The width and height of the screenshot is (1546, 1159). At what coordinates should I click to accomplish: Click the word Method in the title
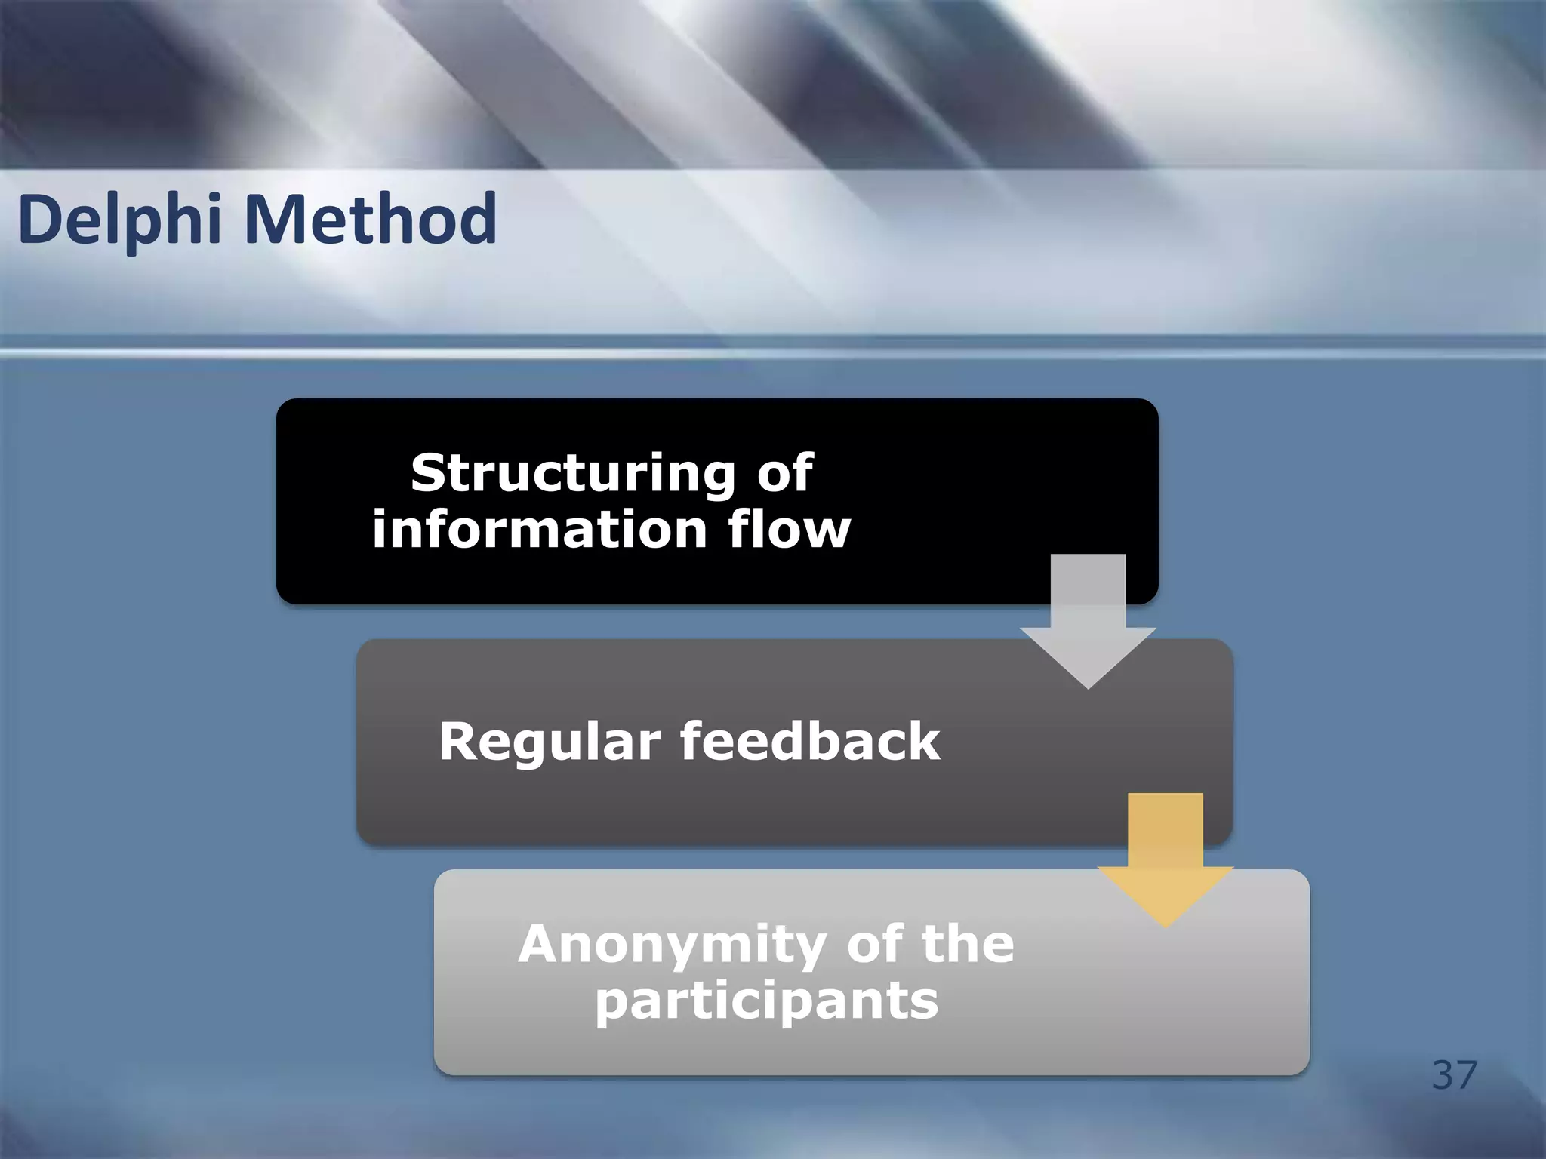pyautogui.click(x=371, y=220)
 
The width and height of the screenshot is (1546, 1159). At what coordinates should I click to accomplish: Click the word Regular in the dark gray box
pyautogui.click(x=550, y=741)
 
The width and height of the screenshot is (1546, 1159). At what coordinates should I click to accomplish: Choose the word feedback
pyautogui.click(x=810, y=741)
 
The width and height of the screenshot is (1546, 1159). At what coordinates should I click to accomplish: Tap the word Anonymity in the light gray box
pyautogui.click(x=671, y=944)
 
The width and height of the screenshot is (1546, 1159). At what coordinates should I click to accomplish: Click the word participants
pyautogui.click(x=766, y=1001)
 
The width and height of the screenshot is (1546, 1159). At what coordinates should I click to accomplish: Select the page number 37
pyautogui.click(x=1454, y=1074)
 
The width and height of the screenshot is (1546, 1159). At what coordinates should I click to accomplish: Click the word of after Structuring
pyautogui.click(x=785, y=473)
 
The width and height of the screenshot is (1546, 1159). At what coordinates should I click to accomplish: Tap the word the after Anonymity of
pyautogui.click(x=969, y=944)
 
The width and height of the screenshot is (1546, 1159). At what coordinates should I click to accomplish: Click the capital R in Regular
pyautogui.click(x=457, y=741)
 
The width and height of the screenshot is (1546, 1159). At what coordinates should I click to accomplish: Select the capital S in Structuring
pyautogui.click(x=428, y=473)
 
